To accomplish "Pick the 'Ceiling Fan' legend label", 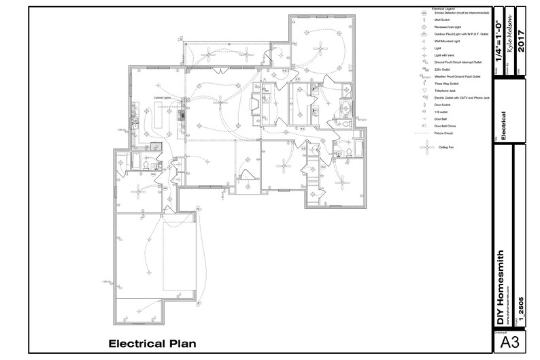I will (x=445, y=146).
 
